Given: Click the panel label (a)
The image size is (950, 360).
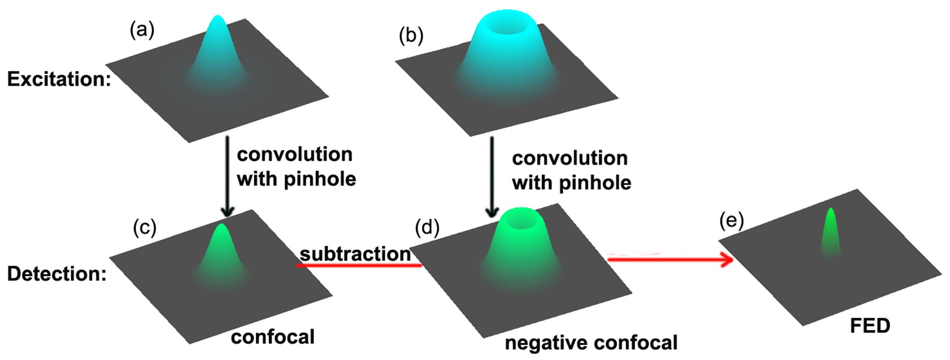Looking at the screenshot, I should coord(141,31).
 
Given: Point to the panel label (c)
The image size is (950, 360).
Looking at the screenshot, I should coord(144,228).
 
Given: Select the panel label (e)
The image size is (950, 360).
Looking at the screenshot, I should coord(732,222).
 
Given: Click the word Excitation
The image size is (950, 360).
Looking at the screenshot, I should coord(59,79).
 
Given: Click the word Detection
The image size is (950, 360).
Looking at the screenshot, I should coord(57,274).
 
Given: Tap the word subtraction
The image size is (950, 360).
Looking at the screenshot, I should coord(355,254).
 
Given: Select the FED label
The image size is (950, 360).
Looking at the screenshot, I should coord(870,326).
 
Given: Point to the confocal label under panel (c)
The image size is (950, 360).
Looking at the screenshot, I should coord(273,337).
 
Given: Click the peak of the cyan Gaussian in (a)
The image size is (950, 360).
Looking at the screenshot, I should coord(218,19).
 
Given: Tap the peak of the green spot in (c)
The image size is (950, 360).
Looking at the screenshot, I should coord(221,227).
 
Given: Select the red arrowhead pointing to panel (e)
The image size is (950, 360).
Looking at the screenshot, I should coord(726,260).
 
